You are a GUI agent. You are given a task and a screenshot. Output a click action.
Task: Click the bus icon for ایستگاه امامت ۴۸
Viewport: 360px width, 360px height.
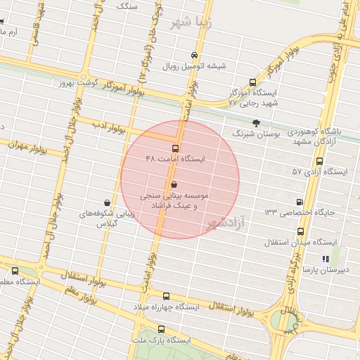[175, 148]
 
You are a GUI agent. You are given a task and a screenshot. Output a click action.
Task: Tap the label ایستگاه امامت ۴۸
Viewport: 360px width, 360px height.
[175, 160]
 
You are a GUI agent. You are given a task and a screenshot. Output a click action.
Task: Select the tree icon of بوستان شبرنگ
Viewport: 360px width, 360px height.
[255, 122]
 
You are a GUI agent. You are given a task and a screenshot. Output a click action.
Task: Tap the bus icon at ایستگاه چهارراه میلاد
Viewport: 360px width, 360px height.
[166, 297]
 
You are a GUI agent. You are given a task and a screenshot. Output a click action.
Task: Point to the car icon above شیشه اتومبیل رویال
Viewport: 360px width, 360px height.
[195, 55]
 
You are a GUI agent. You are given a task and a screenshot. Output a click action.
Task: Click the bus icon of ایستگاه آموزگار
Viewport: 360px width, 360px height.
[254, 82]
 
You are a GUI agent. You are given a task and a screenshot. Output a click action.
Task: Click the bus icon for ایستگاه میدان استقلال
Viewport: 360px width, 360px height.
[301, 231]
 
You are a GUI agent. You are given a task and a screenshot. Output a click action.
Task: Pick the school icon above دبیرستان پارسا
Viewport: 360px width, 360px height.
[324, 258]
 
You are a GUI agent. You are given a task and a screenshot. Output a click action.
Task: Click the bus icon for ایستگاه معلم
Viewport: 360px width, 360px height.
[15, 271]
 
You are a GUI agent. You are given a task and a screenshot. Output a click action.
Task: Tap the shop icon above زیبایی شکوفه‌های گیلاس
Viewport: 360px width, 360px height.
[107, 202]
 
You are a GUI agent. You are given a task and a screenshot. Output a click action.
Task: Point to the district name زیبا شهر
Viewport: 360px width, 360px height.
[191, 21]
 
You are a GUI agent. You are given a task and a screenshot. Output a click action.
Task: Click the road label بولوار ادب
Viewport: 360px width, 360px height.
[112, 129]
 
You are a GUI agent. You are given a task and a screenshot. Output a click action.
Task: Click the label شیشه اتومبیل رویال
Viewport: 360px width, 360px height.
[195, 67]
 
